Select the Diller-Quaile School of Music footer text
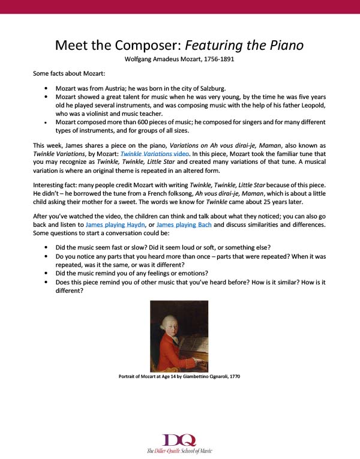tap(179, 451)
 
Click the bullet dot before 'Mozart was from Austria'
tap(46, 88)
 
